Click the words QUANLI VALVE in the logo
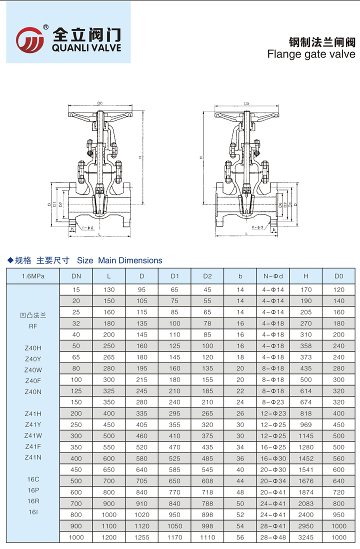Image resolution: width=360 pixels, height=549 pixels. [86, 48]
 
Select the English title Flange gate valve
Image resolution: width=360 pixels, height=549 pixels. [311, 54]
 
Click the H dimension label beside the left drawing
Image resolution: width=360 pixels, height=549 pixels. [140, 158]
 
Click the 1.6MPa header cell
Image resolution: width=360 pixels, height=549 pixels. [32, 276]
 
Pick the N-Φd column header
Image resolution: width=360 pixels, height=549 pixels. [273, 276]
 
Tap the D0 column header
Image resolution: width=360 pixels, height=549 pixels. [338, 276]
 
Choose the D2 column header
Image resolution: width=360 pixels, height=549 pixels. [207, 276]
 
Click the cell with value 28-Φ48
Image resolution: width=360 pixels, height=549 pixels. [273, 537]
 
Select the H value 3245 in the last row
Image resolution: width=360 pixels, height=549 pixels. [306, 537]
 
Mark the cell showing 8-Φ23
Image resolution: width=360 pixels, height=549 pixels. [273, 402]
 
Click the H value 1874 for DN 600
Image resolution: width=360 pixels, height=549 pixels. [306, 492]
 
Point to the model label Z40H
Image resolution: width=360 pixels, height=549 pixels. [33, 347]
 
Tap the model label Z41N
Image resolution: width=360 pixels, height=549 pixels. [33, 457]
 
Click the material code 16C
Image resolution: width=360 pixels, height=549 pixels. [33, 479]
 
